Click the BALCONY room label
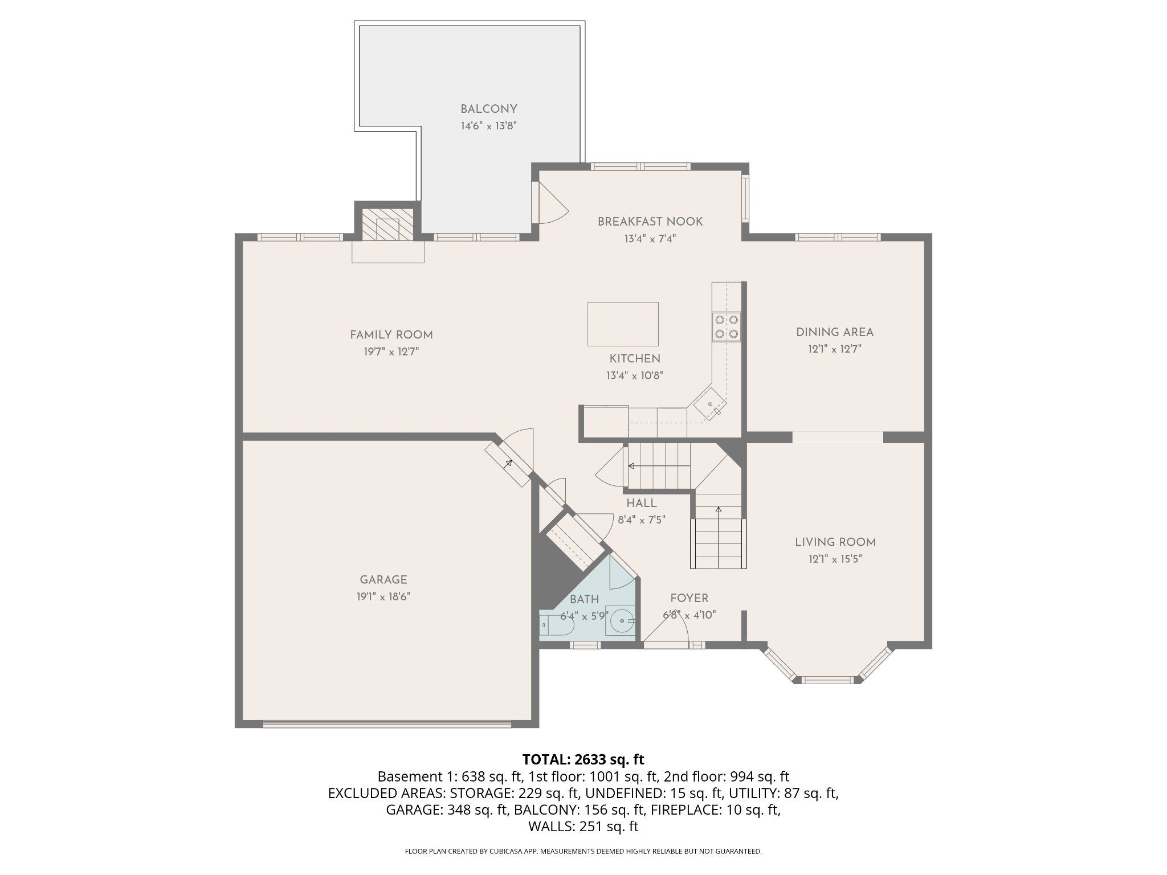(489, 109)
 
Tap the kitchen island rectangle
(623, 324)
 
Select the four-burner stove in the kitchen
(727, 327)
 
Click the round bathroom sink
(620, 619)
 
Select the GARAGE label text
(383, 580)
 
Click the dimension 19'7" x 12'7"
(391, 352)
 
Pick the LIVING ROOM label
(835, 542)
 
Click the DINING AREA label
(835, 332)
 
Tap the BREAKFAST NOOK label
(650, 222)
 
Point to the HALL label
(642, 503)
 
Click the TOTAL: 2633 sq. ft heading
(583, 759)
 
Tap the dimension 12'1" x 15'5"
(835, 559)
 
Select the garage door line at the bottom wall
(387, 725)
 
